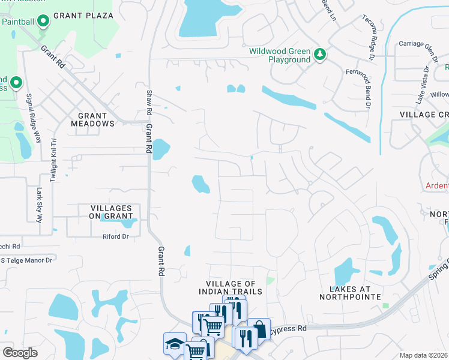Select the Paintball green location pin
click(x=43, y=22)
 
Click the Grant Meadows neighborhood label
click(x=93, y=119)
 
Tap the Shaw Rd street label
click(x=149, y=103)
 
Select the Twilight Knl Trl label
click(x=53, y=158)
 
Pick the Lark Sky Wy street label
click(x=40, y=205)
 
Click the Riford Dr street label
click(x=116, y=237)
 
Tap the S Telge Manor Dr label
click(x=26, y=260)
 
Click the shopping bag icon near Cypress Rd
click(x=259, y=329)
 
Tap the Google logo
click(x=20, y=353)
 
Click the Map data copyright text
click(x=424, y=355)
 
